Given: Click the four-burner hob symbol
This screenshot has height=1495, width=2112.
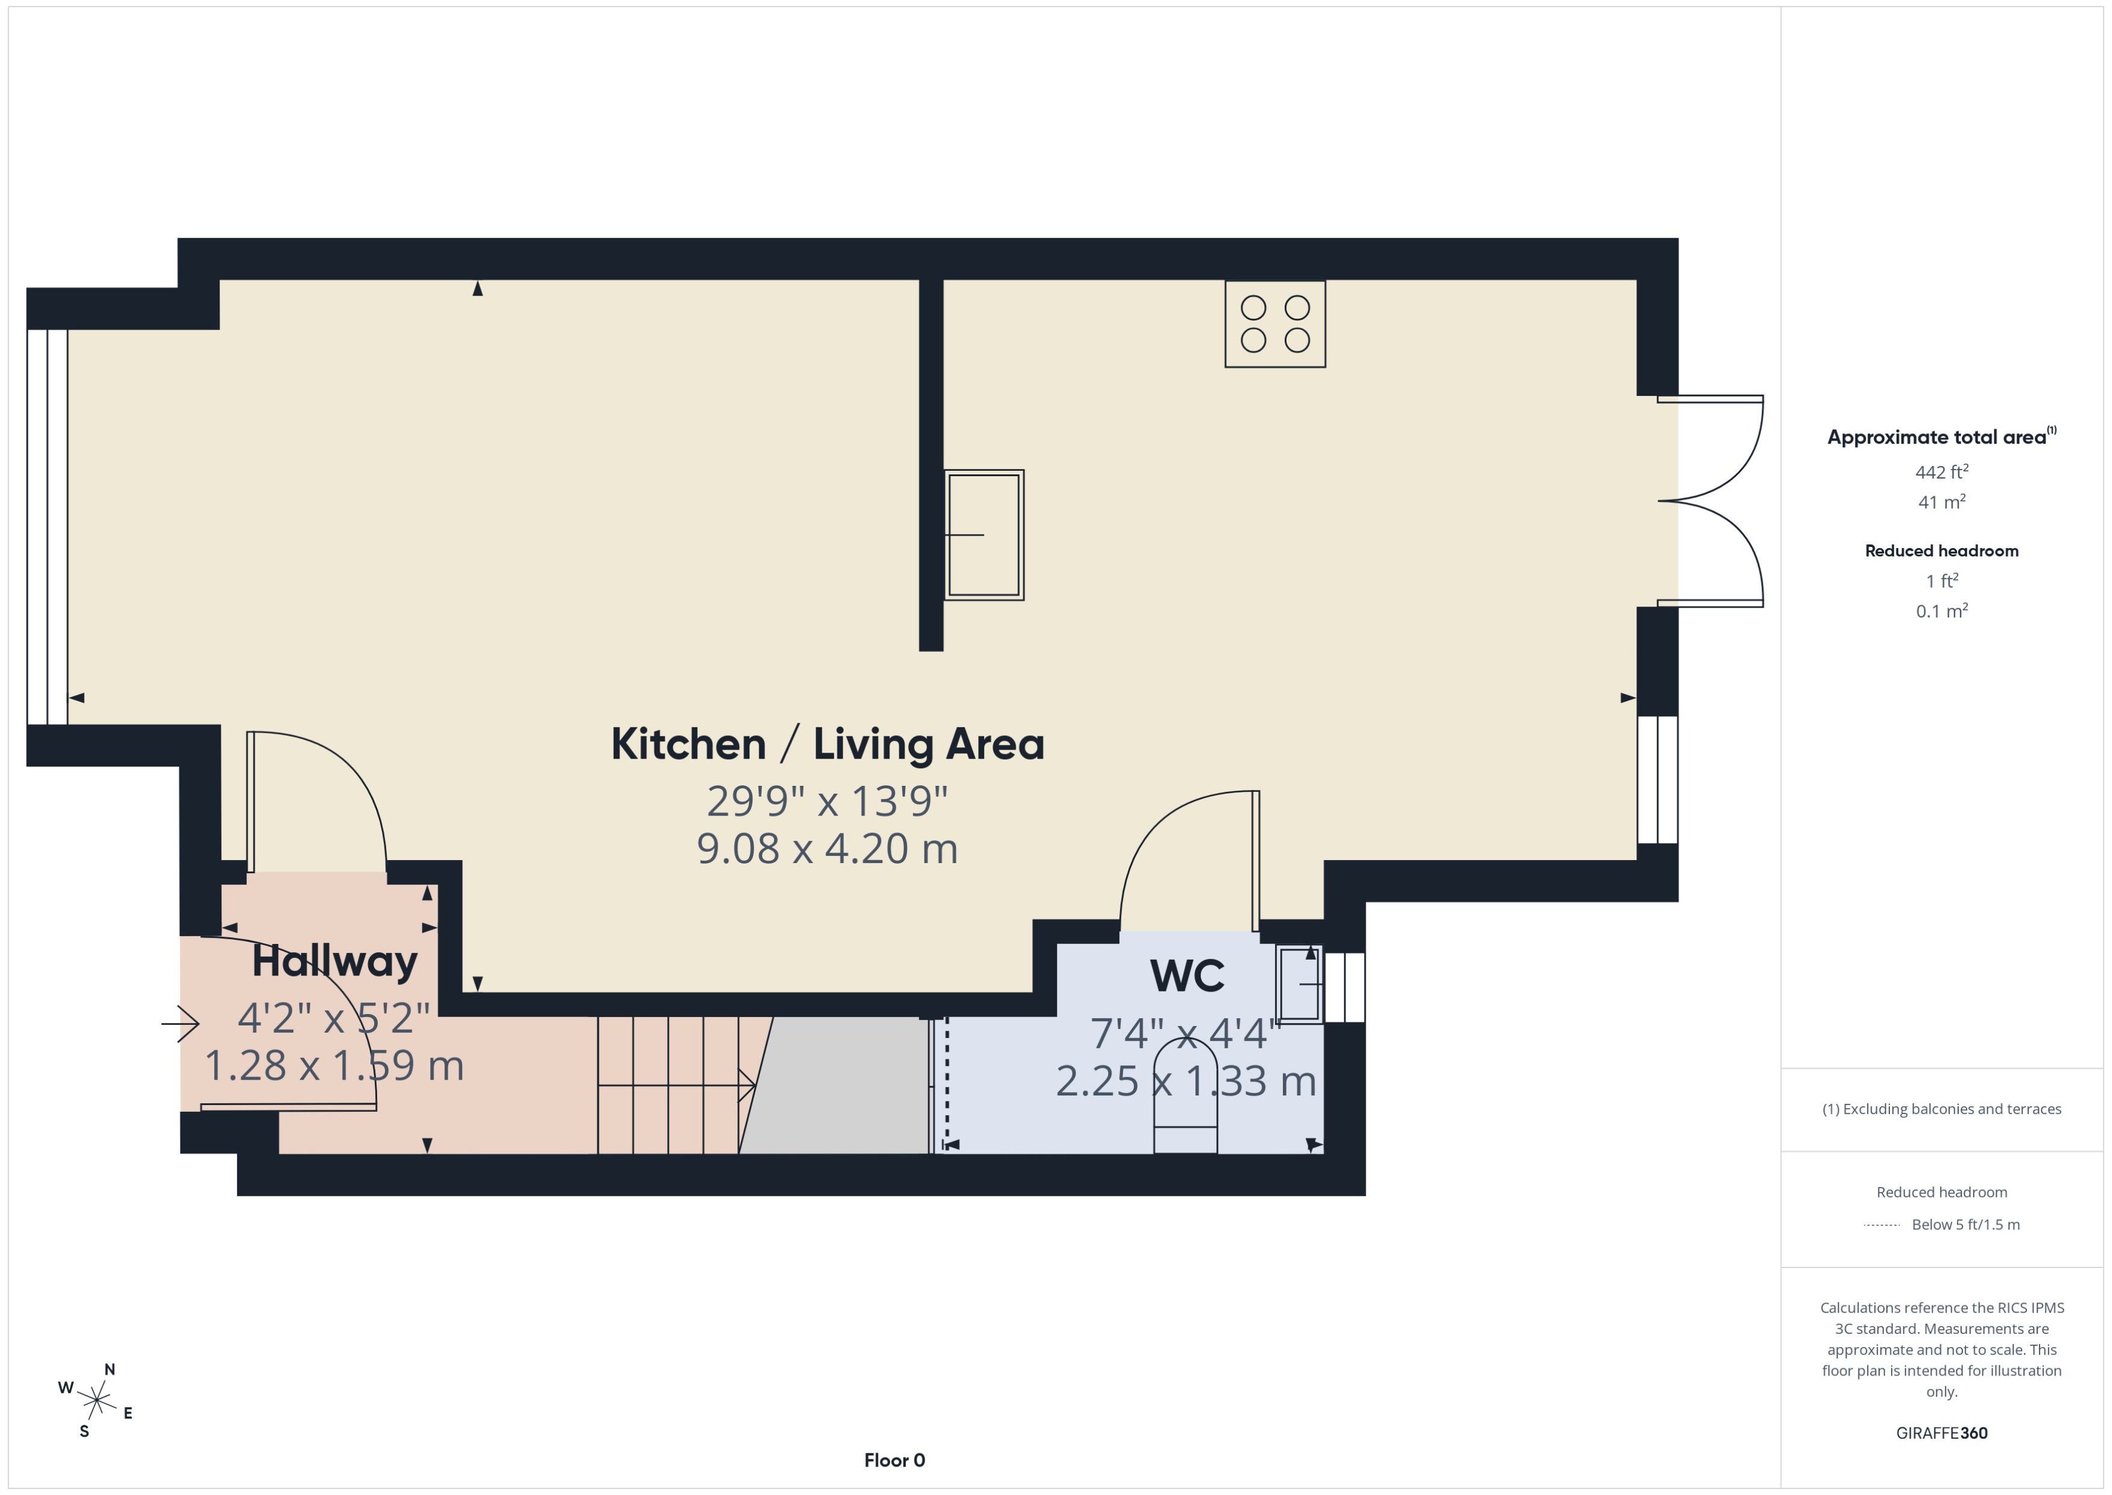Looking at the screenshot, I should coord(1274,324).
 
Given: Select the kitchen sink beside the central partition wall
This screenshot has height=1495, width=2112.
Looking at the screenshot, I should coord(984,535).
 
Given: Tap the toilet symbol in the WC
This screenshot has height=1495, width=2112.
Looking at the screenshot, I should coord(1185,1095).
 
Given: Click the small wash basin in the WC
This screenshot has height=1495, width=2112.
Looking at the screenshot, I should coord(1299,984).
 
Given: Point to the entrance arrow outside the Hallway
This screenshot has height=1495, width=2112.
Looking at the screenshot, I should coord(180,1023).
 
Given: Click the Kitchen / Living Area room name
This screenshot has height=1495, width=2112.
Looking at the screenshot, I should coord(827,744).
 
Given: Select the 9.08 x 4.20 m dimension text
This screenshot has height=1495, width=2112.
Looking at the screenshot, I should coord(827,849).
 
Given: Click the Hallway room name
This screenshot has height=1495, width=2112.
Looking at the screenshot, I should coord(334,961).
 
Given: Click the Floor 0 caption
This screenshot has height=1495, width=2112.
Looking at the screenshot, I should coord(894,1460).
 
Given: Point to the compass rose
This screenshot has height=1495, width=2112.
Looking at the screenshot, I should coord(96,1401).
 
